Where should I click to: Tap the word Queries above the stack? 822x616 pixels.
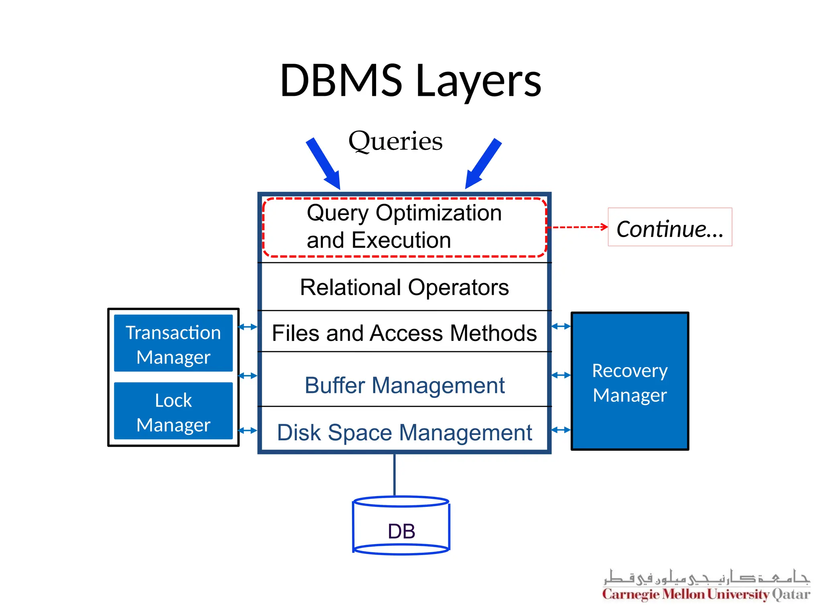coord(395,141)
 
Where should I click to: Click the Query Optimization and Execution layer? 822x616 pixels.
coord(404,227)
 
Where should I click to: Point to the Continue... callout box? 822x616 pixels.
coord(669,227)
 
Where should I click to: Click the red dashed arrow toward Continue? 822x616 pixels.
coord(578,227)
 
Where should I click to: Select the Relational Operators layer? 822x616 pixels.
coord(404,287)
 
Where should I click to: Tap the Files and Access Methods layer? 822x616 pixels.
coord(404,333)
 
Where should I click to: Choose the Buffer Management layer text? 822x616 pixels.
coord(404,385)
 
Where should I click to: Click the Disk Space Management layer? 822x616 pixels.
coord(404,432)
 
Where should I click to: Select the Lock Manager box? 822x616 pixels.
coord(173,411)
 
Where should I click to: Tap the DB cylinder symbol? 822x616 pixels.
coord(401,527)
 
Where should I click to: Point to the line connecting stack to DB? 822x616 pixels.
coord(395,475)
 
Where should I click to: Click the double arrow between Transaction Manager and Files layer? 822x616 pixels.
coord(247,327)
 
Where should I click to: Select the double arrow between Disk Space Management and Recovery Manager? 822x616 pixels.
coord(561,430)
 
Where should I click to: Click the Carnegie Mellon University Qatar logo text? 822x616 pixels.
coord(706,594)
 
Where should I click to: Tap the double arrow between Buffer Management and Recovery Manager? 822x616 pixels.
coord(561,375)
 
